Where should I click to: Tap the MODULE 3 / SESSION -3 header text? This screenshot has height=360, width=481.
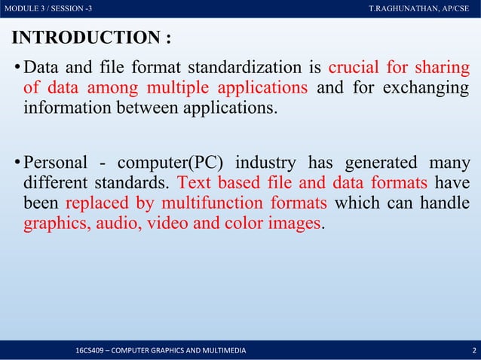(x=49, y=8)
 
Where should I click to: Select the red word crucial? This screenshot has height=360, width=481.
(x=354, y=69)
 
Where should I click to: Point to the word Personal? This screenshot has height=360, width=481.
(x=56, y=163)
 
